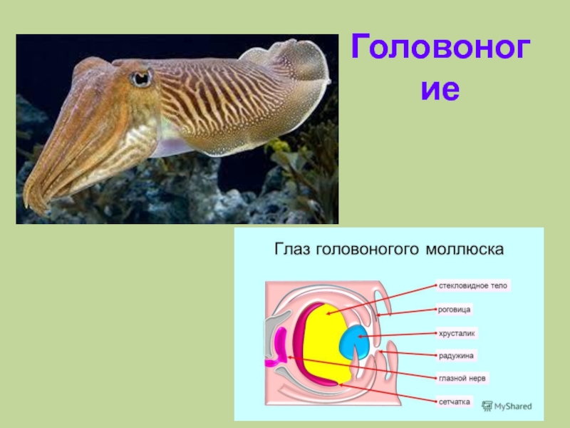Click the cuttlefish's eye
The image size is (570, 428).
pos(141,77)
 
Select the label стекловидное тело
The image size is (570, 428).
pos(472,285)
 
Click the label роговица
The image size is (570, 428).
pos(455,310)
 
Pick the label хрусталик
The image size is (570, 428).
pos(457,332)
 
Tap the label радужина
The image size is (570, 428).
pos(456,355)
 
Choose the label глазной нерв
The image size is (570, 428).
pos(462,378)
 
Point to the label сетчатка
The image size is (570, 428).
pos(455,402)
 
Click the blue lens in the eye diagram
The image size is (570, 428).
pos(355,341)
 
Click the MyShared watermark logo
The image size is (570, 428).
pos(507,406)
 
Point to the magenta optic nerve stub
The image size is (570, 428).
pos(273,362)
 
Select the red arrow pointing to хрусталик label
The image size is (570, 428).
pos(399,334)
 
